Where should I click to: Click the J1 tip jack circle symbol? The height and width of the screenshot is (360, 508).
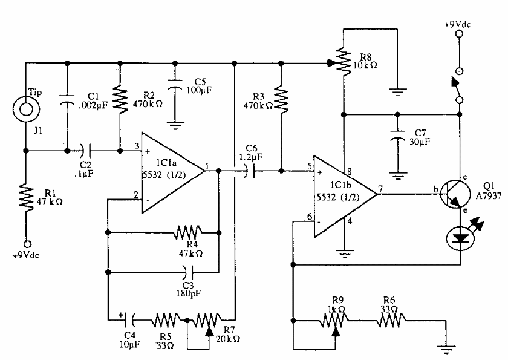(26, 111)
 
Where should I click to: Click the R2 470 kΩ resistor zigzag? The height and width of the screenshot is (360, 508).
(120, 94)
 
